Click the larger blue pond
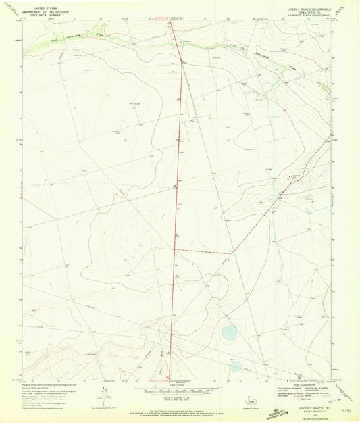pyautogui.click(x=229, y=332)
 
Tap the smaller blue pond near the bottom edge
pyautogui.click(x=235, y=366)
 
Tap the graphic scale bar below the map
pyautogui.click(x=180, y=391)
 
